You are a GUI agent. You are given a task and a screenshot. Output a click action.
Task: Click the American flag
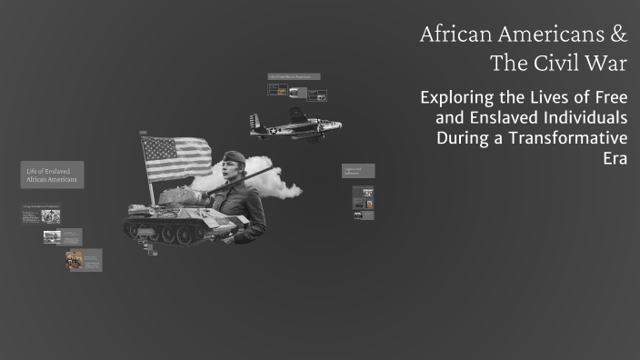176,156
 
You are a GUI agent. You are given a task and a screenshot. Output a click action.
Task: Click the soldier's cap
235,157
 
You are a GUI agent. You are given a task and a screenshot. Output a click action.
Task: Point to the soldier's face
232,172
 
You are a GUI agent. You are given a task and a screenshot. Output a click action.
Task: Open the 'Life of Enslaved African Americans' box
52,175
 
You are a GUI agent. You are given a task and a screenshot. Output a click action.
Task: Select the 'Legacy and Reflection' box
357,171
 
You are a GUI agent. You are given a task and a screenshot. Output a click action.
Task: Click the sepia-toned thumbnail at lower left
74,260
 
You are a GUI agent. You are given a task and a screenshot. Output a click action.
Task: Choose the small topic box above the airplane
294,76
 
